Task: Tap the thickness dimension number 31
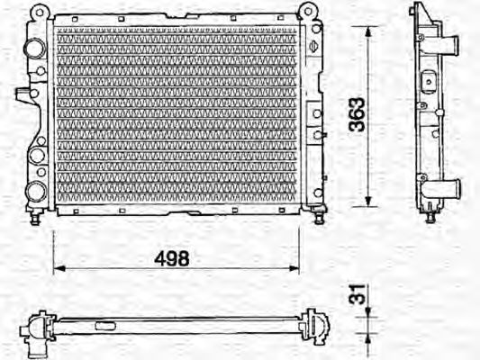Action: (x=358, y=295)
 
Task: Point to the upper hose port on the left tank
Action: (x=33, y=47)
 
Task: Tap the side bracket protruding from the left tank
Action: (x=22, y=92)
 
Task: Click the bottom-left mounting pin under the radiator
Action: (x=37, y=217)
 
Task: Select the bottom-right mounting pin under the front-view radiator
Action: (x=319, y=216)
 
